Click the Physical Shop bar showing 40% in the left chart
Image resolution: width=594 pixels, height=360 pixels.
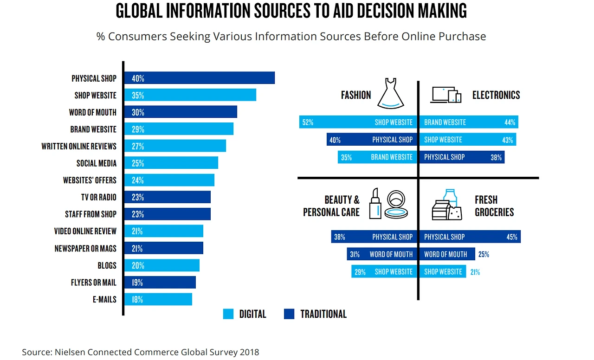(x=200, y=78)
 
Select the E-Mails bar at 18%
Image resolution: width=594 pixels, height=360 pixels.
(x=158, y=299)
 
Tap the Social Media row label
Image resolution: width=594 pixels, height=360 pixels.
(x=97, y=163)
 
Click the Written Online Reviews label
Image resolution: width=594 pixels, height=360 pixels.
(x=79, y=146)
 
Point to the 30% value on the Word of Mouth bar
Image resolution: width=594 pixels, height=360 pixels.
(x=138, y=112)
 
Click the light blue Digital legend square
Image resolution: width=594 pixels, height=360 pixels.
(x=228, y=314)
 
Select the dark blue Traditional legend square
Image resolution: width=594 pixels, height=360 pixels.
(x=289, y=314)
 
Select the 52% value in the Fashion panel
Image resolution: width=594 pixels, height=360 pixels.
(x=308, y=122)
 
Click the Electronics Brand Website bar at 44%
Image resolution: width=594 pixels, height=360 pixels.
(x=468, y=122)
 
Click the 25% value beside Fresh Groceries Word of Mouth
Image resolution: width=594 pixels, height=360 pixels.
(x=483, y=254)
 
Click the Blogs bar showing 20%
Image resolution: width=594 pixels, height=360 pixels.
(x=161, y=265)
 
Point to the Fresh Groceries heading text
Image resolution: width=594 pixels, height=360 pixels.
(x=494, y=206)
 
